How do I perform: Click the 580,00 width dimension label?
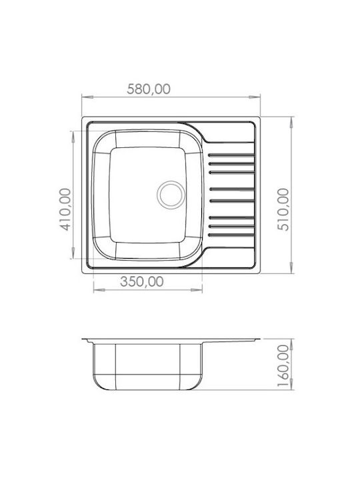pos(149,89)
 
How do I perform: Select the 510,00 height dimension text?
pos(283,209)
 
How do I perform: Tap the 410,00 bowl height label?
pos(65,209)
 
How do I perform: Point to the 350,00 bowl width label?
pos(142,281)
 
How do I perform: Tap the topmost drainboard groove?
pos(231,155)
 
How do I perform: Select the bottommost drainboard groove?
pos(231,235)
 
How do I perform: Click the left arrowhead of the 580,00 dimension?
pos(87,97)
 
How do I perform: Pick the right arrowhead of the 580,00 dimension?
pos(255,97)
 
